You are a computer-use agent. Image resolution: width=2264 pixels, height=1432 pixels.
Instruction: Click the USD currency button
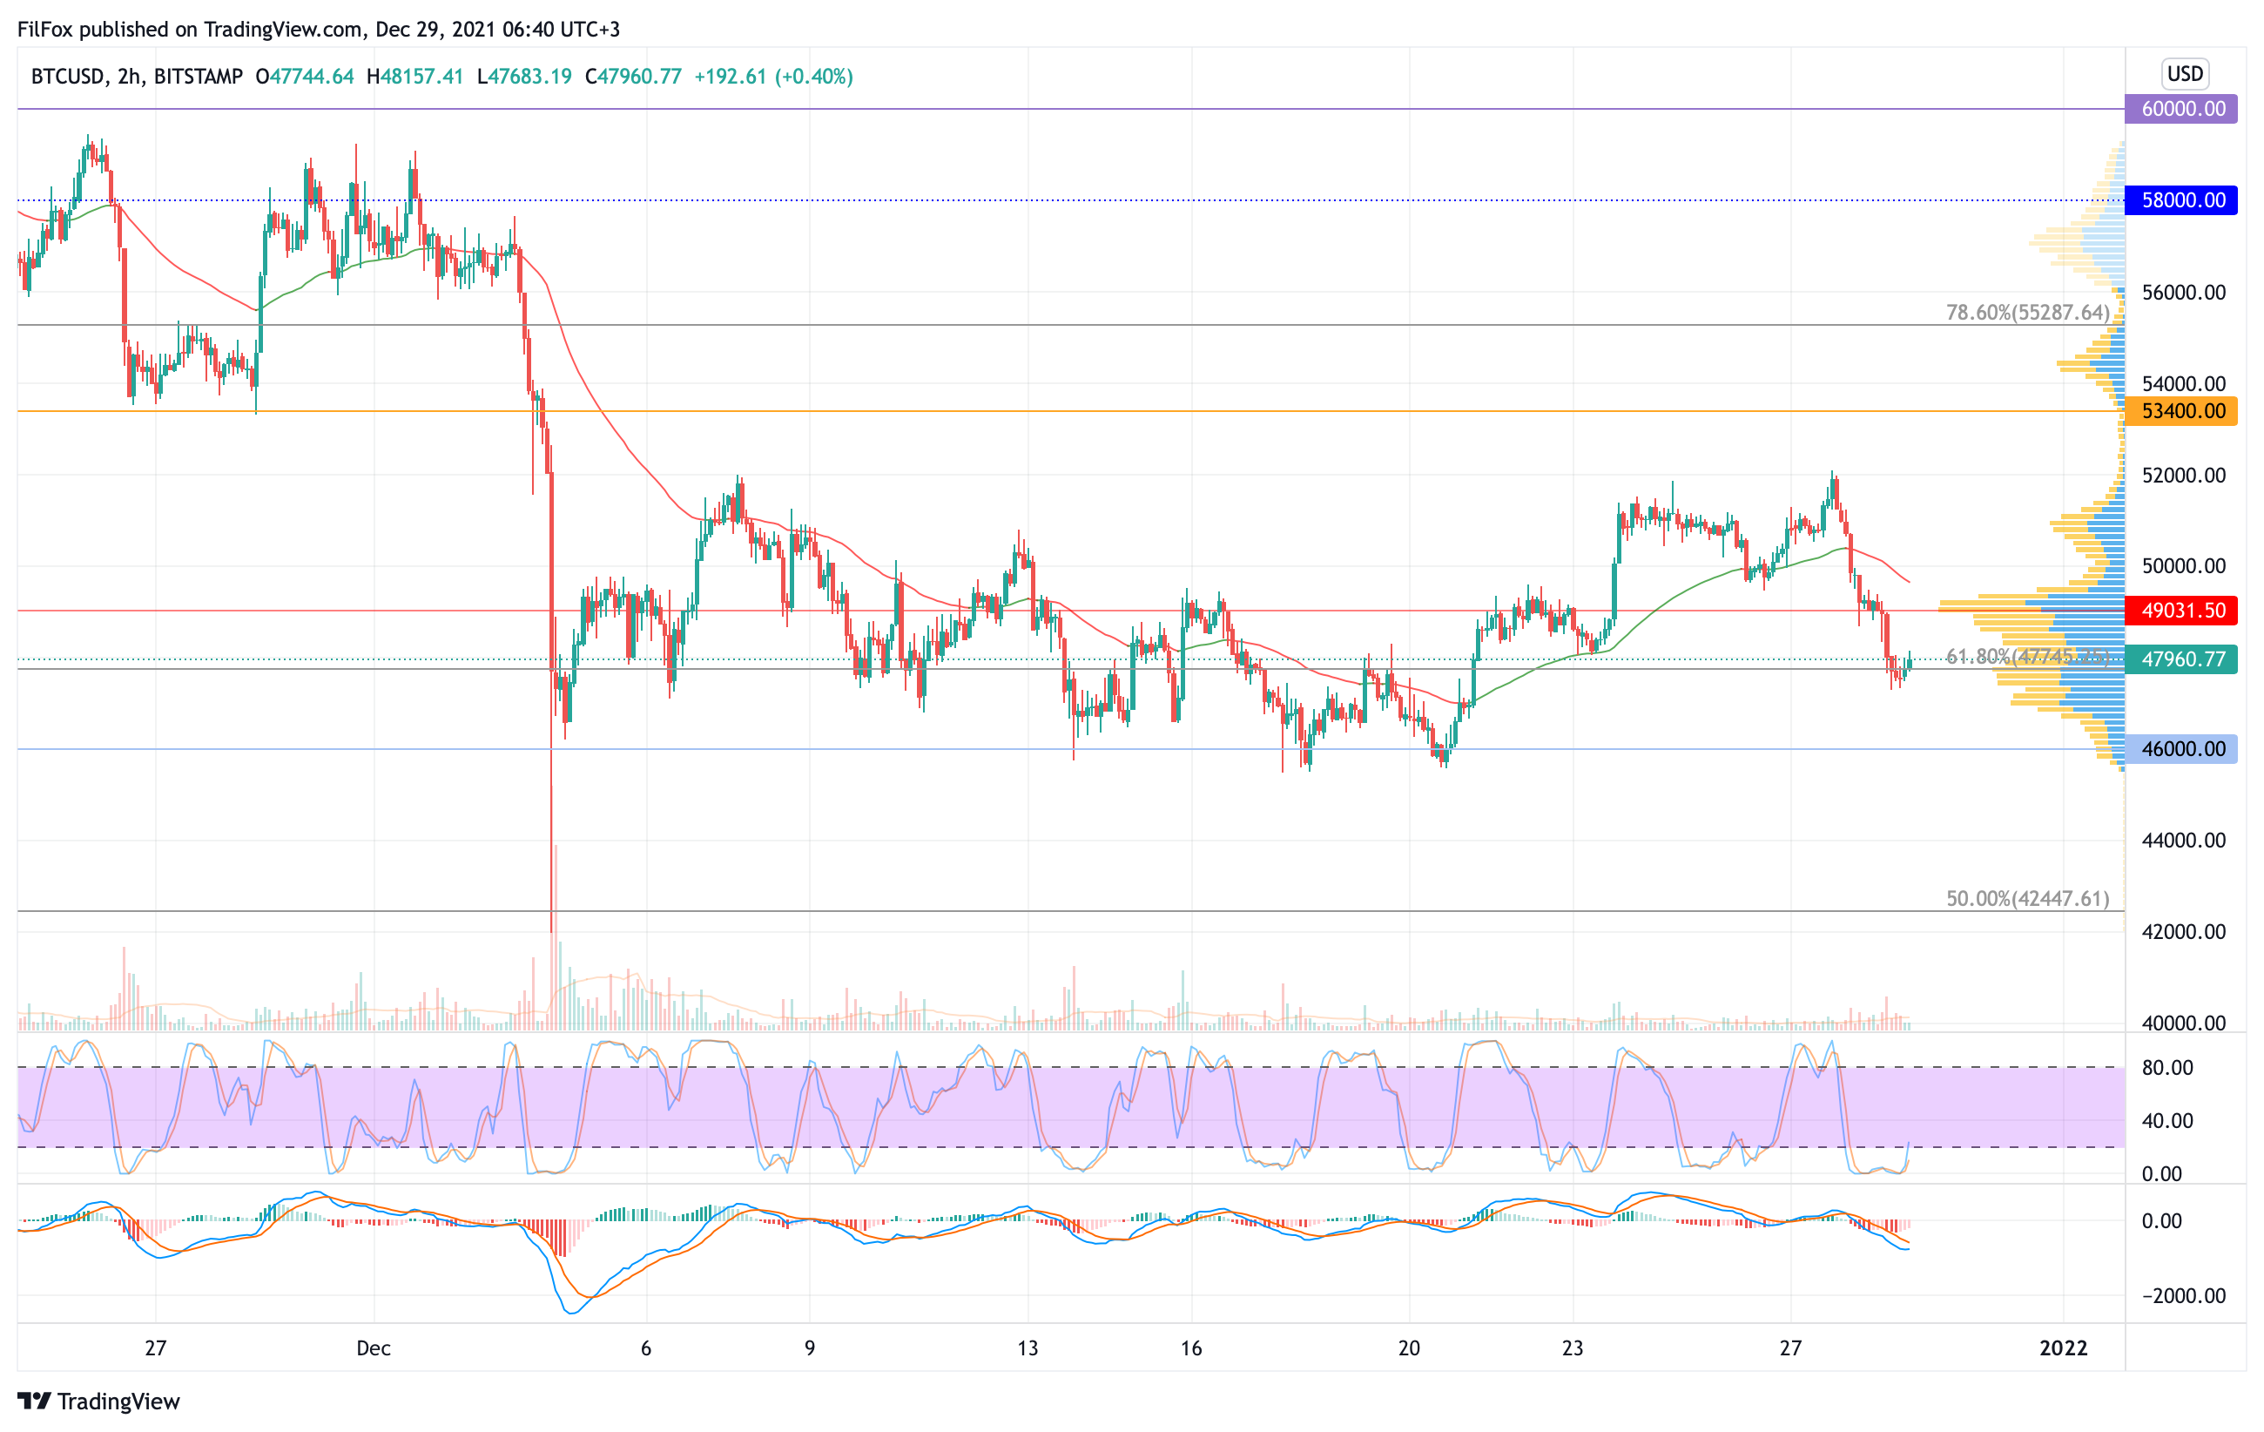tap(2184, 73)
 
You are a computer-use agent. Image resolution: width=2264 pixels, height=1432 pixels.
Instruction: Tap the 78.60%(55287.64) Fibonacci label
tap(2027, 312)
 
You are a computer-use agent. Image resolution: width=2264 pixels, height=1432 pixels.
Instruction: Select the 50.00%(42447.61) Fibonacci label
tap(2027, 899)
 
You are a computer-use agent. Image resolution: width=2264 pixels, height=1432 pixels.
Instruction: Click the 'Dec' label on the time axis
tap(374, 1348)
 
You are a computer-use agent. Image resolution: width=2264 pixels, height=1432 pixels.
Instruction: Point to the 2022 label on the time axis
tap(2063, 1348)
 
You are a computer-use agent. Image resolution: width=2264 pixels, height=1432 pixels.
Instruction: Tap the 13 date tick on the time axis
tap(1028, 1348)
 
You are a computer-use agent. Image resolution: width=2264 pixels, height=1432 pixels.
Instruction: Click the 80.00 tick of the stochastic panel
tap(2167, 1068)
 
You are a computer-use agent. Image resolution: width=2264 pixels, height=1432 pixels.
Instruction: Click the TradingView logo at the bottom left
tap(98, 1401)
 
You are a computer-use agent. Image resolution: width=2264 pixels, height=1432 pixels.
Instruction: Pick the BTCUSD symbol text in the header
tap(67, 76)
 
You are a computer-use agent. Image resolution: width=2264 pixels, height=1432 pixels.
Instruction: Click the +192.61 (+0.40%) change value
tap(773, 76)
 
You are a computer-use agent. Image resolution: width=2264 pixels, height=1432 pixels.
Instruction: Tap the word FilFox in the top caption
tap(45, 29)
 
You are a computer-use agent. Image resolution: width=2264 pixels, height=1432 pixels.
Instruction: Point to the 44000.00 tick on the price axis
tap(2183, 841)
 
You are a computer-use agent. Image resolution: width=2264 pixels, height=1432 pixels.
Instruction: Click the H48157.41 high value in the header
tap(414, 76)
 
